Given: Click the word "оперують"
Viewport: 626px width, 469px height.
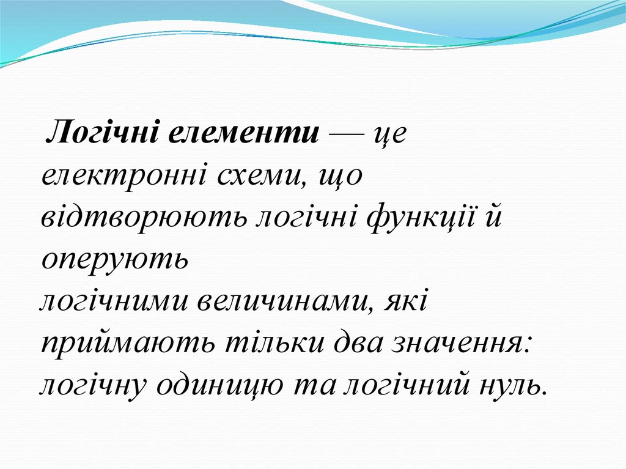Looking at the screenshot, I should (113, 260).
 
